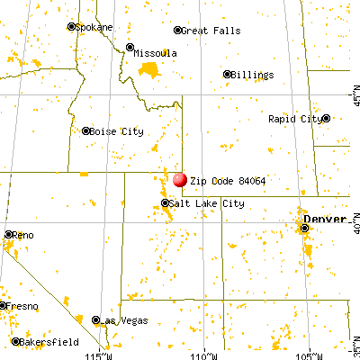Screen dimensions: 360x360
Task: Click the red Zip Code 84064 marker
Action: [x=180, y=180]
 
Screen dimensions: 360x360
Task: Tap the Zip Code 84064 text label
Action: [x=221, y=180]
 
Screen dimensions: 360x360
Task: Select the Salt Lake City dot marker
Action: [x=166, y=204]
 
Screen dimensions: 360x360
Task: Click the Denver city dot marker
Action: [x=305, y=229]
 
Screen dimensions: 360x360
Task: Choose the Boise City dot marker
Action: [x=86, y=131]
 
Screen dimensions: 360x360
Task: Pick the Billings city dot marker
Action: [x=227, y=75]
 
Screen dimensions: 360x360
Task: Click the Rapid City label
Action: [x=293, y=119]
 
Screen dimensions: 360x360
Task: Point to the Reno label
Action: [x=23, y=236]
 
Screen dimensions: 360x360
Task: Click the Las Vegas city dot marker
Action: [x=96, y=319]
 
